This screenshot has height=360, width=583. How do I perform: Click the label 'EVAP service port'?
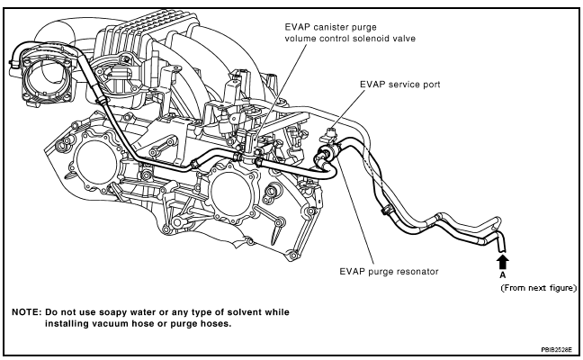click(x=399, y=85)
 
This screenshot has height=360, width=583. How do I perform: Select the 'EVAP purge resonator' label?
click(x=389, y=272)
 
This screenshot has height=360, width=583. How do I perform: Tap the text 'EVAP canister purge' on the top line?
click(x=330, y=27)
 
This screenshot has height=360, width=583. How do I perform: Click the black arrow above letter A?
click(x=503, y=261)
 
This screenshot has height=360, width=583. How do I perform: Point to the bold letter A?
click(x=503, y=275)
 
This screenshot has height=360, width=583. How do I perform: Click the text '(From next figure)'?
click(x=538, y=288)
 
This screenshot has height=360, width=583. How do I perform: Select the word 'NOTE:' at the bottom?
click(x=26, y=312)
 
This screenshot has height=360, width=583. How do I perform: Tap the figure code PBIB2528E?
click(x=557, y=350)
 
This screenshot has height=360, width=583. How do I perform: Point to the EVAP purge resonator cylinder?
click(x=327, y=153)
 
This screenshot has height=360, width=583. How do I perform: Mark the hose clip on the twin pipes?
click(x=386, y=211)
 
